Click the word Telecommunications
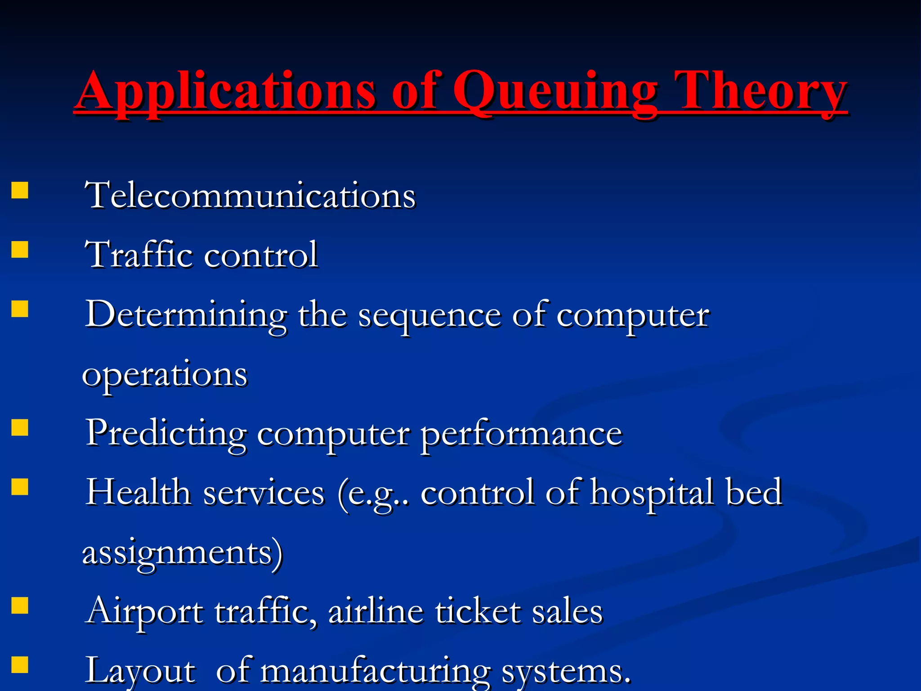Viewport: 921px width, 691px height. pyautogui.click(x=250, y=196)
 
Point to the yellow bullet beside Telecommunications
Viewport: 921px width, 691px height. pyautogui.click(x=20, y=190)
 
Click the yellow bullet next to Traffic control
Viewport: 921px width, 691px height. pyautogui.click(x=20, y=249)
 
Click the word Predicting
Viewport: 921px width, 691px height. pyautogui.click(x=166, y=433)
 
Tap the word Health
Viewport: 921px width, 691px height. pyautogui.click(x=139, y=492)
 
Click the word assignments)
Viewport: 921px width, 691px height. pyautogui.click(x=182, y=553)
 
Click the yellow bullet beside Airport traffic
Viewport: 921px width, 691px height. pyautogui.click(x=20, y=606)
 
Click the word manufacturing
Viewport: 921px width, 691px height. pyautogui.click(x=376, y=670)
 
